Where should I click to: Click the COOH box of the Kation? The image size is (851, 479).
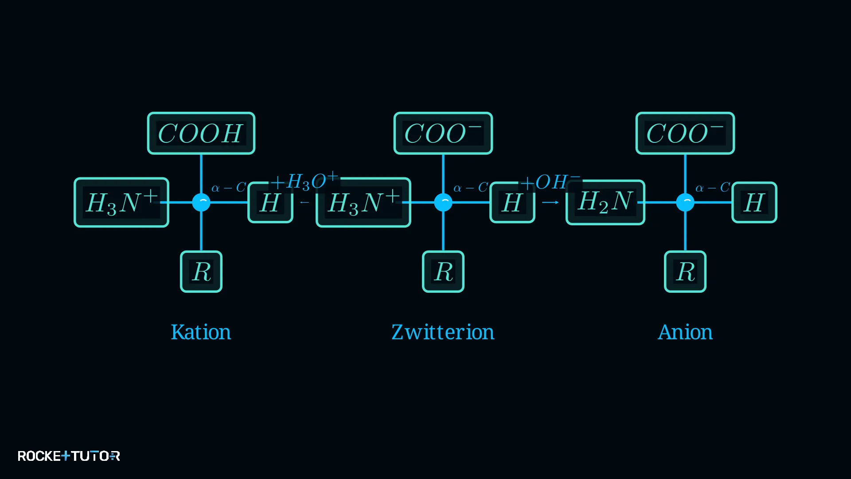coord(201,133)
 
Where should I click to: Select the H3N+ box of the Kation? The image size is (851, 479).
coord(121,202)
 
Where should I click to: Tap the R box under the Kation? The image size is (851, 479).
coord(201,271)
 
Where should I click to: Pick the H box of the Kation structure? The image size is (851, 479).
coord(270,202)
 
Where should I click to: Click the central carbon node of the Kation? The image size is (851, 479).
coord(201,202)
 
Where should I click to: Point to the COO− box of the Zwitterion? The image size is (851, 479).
coord(443,133)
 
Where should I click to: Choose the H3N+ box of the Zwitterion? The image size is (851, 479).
coord(363,202)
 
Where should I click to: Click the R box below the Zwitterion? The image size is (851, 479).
coord(443,271)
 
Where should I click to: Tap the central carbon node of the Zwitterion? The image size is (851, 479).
coord(443,202)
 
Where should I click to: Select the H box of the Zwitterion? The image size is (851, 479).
coord(512,202)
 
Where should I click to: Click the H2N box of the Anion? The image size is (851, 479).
coord(605,202)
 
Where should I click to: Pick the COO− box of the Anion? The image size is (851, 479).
coord(685,133)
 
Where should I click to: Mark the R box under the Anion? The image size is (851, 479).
coord(685,271)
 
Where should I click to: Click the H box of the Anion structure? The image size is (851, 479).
coord(754,202)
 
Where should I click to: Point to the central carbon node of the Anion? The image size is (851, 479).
coord(685,202)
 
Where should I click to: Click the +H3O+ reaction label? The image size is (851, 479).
coord(304,181)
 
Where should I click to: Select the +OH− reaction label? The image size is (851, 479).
coord(550,181)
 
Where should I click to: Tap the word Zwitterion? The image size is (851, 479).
coord(443,332)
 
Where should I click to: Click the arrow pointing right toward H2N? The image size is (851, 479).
coord(550,202)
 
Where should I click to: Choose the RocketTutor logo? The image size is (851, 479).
coord(69,456)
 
